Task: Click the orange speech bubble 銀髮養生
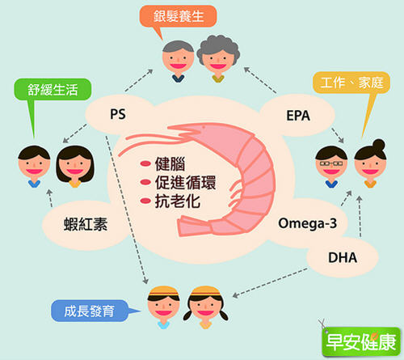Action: point(178,16)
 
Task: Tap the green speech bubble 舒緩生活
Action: point(53,89)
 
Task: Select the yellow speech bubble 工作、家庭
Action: point(352,83)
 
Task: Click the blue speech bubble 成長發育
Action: point(90,311)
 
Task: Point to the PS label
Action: point(118,114)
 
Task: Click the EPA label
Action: point(298,116)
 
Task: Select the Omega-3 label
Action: point(307,223)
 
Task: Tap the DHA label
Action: point(343,257)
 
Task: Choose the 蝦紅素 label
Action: point(86,224)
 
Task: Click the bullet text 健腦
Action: point(170,163)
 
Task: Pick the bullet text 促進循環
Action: point(185,182)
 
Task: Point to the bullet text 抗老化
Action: point(178,201)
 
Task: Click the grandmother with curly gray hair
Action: point(218,58)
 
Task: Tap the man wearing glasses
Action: point(331,166)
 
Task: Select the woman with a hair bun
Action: point(371,163)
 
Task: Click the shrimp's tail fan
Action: point(194,226)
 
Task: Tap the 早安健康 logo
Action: point(361,341)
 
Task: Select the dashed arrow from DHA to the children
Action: point(270,282)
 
